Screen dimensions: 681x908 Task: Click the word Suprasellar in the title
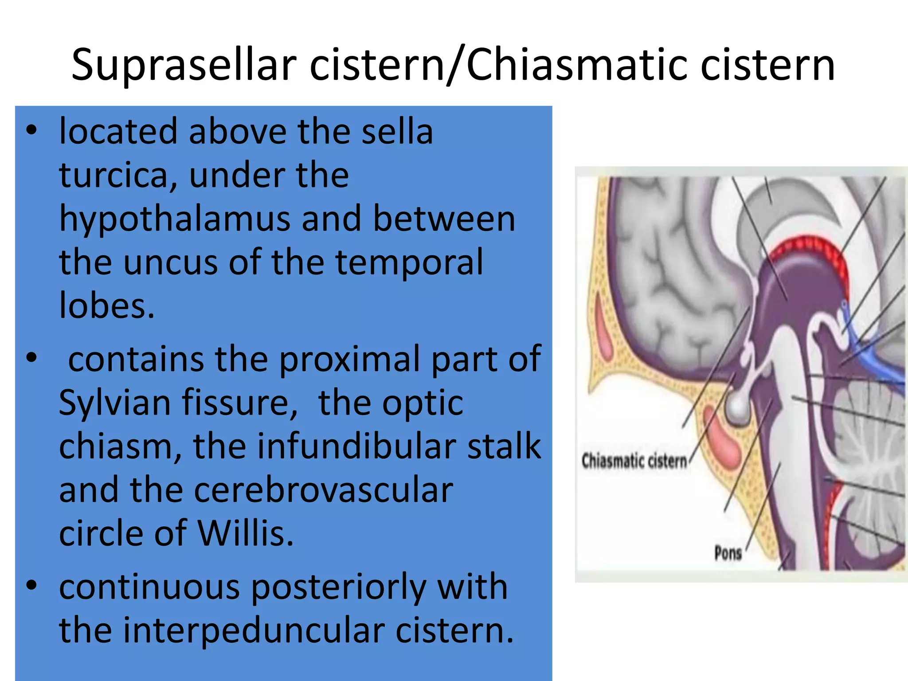click(184, 65)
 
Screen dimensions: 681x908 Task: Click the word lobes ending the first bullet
click(107, 305)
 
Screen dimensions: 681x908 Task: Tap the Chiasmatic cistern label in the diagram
click(634, 461)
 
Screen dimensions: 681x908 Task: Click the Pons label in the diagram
click(728, 553)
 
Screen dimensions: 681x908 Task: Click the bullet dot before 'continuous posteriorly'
click(31, 585)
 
